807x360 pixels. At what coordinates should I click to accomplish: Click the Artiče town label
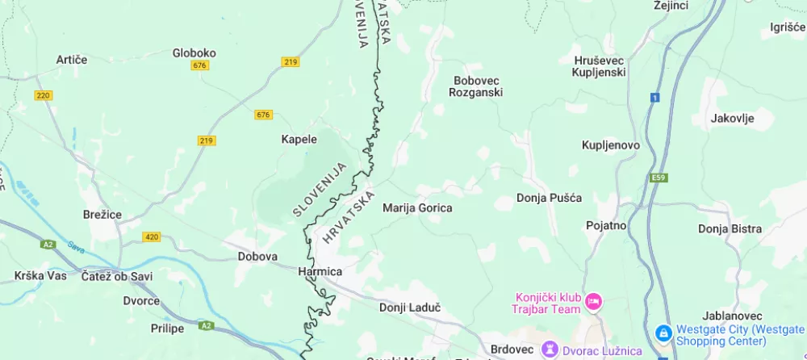coord(71,60)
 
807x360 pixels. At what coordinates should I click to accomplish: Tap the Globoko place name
coord(194,53)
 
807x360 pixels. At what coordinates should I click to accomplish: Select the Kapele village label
coord(299,139)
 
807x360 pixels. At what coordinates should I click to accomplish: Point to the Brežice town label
coord(102,215)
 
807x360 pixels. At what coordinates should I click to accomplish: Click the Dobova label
coord(257,257)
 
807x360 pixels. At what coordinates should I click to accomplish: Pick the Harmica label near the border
coord(320,271)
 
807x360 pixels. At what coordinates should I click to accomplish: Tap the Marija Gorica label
coord(417,207)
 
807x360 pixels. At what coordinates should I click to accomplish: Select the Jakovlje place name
coord(732,119)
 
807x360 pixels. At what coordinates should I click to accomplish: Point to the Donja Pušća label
coord(549,198)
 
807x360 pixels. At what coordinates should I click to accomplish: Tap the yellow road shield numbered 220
coord(44,95)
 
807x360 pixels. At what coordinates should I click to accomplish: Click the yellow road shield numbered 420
coord(151,237)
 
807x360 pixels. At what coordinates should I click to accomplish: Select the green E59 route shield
coord(659,178)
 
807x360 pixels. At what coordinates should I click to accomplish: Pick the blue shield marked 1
coord(654,98)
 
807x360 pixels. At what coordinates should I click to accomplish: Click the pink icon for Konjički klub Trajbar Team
coord(593,302)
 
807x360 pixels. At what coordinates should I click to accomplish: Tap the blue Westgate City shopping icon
coord(663,333)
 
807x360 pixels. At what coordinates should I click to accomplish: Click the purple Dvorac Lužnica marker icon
coord(550,350)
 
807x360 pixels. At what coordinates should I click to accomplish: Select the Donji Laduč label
coord(410,308)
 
